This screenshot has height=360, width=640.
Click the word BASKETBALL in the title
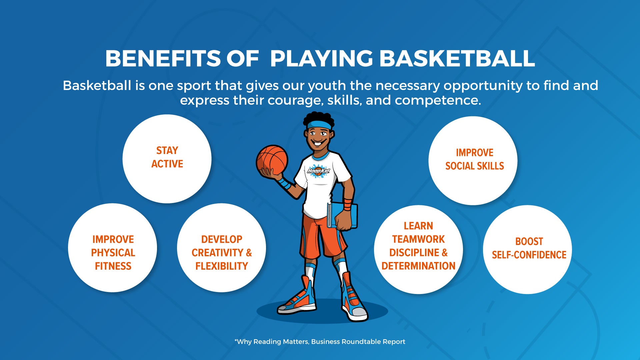457,59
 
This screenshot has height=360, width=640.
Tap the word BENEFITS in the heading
163,59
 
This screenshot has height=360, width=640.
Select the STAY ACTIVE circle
167,159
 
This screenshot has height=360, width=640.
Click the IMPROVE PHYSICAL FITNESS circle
113,248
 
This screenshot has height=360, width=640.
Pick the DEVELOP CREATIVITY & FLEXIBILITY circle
222,248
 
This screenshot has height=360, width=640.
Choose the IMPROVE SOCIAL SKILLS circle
473,161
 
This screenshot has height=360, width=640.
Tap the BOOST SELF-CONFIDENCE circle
528,250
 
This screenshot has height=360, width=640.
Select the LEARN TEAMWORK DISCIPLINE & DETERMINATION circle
419,250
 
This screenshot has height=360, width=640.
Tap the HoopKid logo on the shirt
318,170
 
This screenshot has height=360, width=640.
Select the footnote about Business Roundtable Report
320,342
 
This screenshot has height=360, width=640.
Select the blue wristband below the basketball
284,183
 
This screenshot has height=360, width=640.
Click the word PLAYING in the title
321,59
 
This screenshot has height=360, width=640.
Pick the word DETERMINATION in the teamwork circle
418,266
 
